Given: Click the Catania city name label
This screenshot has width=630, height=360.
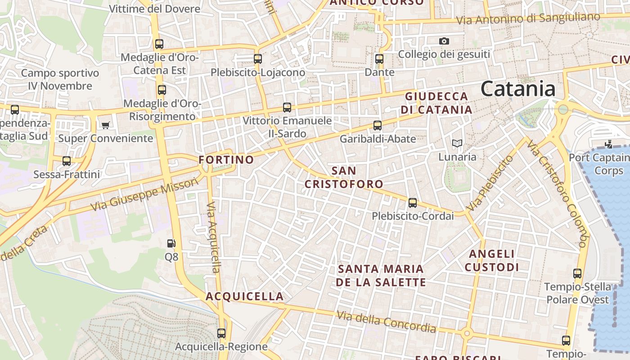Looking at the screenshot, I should pos(518,89).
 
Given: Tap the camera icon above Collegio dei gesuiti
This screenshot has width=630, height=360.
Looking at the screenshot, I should pos(444,41).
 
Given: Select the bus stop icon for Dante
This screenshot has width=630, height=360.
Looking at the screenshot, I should pos(379,58).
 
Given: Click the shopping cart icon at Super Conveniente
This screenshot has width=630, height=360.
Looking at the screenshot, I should pos(106,125).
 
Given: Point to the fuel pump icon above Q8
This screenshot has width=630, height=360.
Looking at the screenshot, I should pos(171,243).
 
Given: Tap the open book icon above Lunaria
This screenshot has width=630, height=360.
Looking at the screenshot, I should pos(457,144).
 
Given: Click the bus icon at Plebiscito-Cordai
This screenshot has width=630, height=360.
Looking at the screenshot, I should pos(413,203).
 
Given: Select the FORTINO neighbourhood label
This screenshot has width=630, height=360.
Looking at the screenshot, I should pos(226,160).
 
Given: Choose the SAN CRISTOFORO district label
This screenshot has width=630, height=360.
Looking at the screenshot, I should pos(344,177).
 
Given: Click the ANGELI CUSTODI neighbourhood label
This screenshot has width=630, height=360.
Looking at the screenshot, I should pos(492,261).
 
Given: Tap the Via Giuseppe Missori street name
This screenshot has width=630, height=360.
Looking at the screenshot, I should pos(144,194).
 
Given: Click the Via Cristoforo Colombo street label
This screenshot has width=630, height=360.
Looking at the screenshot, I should pos(558,194).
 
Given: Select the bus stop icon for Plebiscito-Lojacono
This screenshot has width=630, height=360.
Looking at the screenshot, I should pos(258,58).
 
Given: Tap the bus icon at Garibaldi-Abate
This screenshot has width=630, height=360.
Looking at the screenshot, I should pos(378,126).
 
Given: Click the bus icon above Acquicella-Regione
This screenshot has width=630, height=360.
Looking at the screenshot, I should pos(221,333).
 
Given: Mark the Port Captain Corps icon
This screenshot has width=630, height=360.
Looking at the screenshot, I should pos(609,144).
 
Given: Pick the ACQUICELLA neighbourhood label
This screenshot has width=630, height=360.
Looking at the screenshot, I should pos(245,297).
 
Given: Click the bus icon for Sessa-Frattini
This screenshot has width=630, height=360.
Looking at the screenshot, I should pos(67,161).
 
